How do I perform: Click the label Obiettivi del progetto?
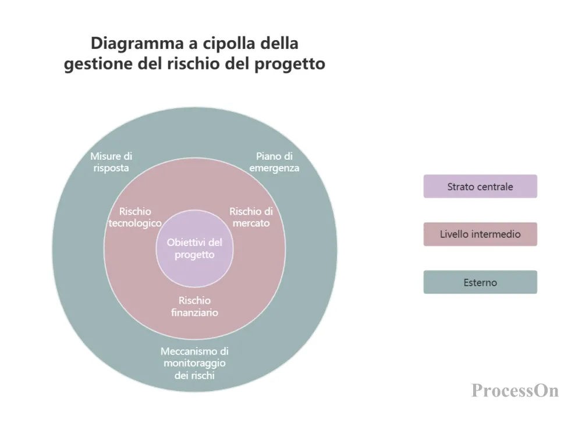click(194, 248)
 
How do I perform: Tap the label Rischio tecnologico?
click(135, 217)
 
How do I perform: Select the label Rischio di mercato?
click(251, 217)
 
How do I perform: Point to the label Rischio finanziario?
click(194, 307)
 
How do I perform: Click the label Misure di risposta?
click(111, 161)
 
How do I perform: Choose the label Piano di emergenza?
click(274, 161)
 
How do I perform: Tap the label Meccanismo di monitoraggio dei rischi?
click(194, 363)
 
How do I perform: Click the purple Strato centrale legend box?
click(480, 187)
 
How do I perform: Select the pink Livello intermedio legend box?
click(480, 234)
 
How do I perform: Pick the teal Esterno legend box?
click(480, 282)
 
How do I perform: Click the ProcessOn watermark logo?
click(515, 391)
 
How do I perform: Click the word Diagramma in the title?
click(137, 44)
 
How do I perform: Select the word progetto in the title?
click(290, 64)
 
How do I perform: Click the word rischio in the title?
click(194, 63)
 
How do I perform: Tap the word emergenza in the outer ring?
click(274, 168)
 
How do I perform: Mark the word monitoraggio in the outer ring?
click(194, 363)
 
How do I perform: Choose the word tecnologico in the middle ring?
click(135, 223)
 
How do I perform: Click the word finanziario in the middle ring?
click(194, 312)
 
